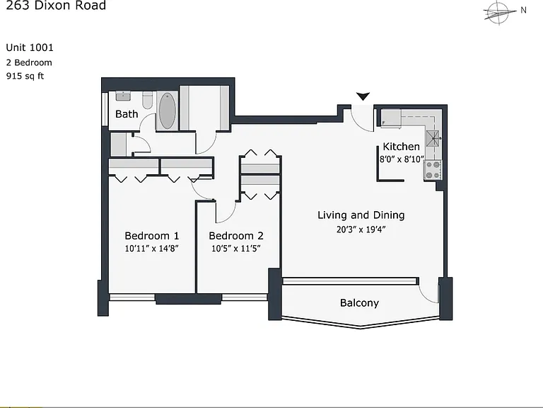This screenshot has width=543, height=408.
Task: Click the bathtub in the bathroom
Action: [168, 110]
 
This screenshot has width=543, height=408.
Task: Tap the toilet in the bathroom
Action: [148, 100]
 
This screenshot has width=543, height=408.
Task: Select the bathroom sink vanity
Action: [123, 96]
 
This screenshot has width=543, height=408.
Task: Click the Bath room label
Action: [127, 114]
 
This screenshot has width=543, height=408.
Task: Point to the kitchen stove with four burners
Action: [433, 170]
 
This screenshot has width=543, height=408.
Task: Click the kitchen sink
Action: [433, 138]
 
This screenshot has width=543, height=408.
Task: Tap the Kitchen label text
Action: [401, 147]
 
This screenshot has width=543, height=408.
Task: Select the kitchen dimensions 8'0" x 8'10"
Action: [402, 159]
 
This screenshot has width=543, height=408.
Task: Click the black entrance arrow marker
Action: [363, 96]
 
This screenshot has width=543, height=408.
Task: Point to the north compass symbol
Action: [497, 13]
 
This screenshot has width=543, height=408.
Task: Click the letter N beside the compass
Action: [523, 11]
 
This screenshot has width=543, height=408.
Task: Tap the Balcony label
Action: [359, 303]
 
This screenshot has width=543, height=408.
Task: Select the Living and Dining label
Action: [361, 215]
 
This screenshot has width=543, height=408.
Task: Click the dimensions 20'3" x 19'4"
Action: [361, 229]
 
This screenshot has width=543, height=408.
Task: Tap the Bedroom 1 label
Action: [152, 236]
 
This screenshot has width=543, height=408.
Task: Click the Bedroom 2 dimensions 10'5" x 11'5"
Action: [236, 249]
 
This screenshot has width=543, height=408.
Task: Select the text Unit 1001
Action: [30, 47]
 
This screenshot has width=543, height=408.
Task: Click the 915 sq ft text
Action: [25, 76]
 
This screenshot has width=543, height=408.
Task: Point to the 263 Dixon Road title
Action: [56, 5]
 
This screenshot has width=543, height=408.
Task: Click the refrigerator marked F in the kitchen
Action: [391, 118]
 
